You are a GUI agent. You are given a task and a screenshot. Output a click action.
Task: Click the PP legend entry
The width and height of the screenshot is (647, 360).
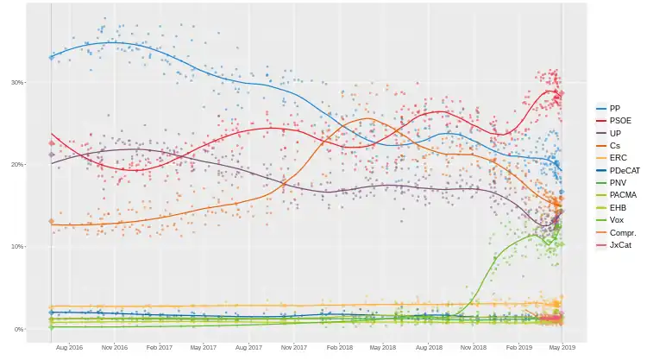click(x=614, y=107)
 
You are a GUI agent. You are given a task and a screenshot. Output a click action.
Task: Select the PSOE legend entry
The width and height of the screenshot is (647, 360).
click(x=618, y=120)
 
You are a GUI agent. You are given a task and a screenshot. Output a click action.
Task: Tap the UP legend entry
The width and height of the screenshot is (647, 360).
click(x=614, y=133)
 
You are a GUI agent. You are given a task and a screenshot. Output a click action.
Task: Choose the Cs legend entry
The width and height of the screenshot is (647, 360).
click(x=614, y=146)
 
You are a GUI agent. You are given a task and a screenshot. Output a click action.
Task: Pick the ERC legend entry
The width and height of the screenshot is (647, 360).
click(x=616, y=158)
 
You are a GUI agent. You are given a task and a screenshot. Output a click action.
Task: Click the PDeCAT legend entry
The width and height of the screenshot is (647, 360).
click(x=621, y=171)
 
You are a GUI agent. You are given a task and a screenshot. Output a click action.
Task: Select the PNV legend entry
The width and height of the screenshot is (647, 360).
click(x=616, y=183)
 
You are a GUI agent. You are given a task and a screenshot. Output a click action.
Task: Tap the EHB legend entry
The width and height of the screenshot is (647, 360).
click(x=616, y=208)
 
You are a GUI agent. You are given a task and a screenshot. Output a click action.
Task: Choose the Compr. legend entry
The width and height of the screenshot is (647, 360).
click(x=621, y=233)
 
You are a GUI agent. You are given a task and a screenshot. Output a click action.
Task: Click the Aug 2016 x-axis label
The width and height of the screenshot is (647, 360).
click(x=69, y=347)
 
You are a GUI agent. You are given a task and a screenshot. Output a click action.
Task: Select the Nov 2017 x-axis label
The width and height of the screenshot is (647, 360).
click(x=294, y=347)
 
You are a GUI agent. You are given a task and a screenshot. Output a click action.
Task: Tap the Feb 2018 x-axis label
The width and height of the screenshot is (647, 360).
click(x=339, y=347)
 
